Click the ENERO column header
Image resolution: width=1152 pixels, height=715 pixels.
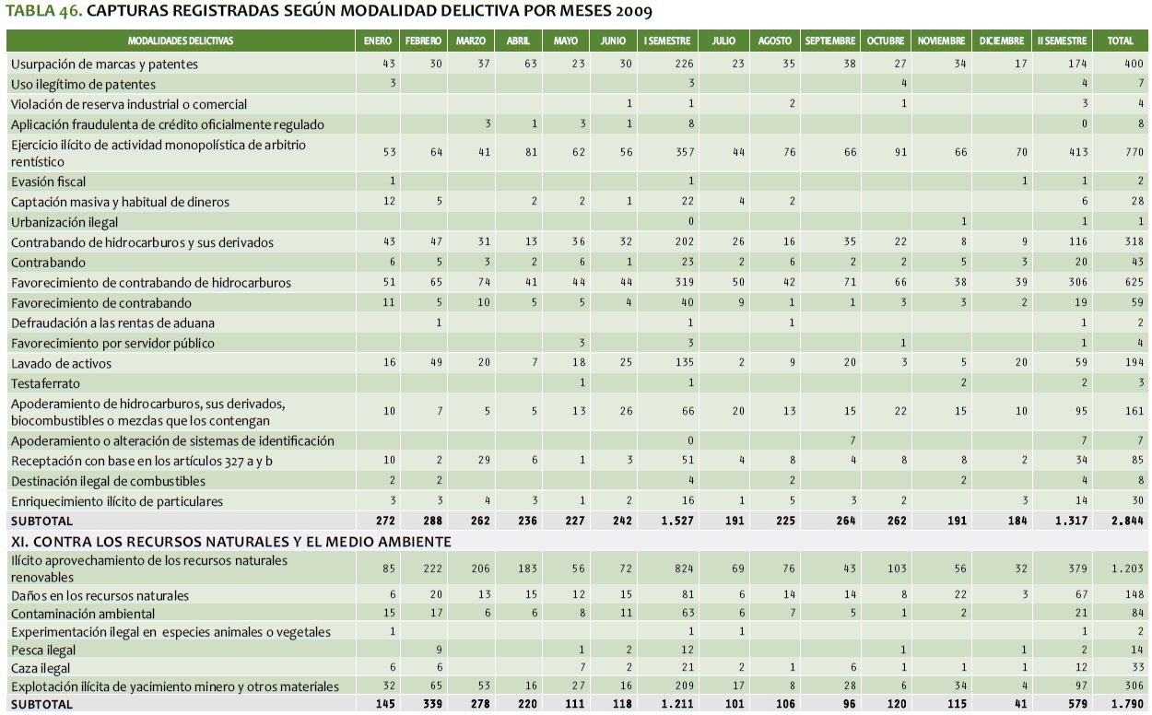[x=378, y=41]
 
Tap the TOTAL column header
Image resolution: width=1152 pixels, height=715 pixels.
[x=1120, y=41]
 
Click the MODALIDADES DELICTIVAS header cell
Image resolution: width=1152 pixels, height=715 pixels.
[x=181, y=41]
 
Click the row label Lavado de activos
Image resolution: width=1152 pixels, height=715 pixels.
[x=61, y=363]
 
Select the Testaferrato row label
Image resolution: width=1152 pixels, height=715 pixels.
[x=45, y=382]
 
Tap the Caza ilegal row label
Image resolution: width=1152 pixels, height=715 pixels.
[x=41, y=668]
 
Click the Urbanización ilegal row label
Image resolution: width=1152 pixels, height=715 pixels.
[x=65, y=222]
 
